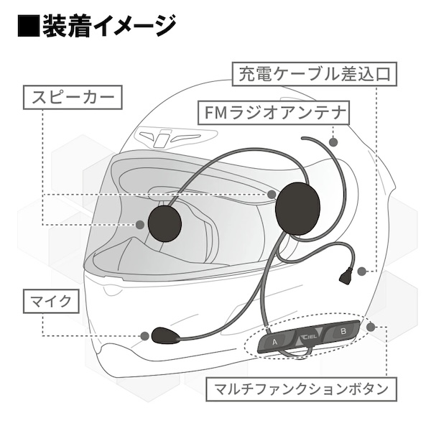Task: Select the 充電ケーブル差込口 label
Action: tap(314, 73)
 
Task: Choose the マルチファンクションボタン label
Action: tap(302, 390)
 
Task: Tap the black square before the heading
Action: tap(27, 27)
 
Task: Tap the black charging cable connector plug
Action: tap(347, 273)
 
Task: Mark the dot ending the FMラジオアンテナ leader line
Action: tap(333, 141)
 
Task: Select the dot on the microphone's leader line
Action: tap(147, 335)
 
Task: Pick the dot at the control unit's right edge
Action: tap(371, 327)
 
